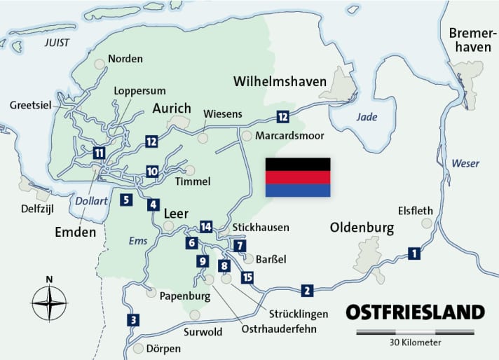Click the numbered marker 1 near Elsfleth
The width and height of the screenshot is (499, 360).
click(414, 254)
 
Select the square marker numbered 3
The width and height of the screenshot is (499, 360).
click(132, 321)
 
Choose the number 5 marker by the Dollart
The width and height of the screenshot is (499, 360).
click(125, 200)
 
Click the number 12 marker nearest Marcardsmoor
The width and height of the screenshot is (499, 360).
click(282, 117)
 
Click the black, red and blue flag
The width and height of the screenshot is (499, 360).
click(298, 177)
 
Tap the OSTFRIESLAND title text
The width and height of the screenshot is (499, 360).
click(415, 312)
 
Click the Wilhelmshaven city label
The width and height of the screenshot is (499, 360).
click(280, 82)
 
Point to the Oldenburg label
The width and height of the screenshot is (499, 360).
click(362, 228)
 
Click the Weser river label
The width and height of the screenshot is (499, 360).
click(465, 163)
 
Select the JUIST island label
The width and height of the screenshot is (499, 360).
click(57, 42)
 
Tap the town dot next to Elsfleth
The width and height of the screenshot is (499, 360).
click(426, 223)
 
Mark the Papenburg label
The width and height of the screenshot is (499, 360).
click(185, 296)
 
